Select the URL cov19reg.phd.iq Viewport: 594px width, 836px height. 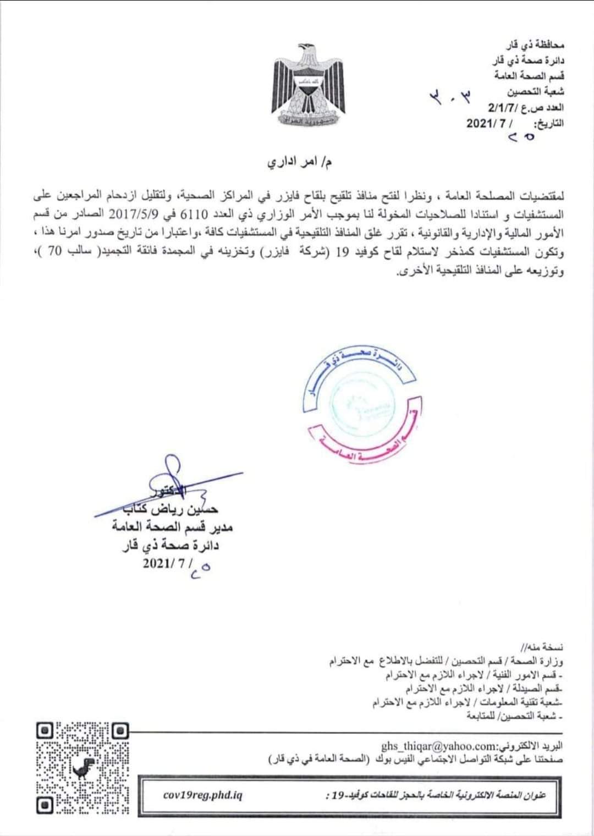(203, 795)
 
